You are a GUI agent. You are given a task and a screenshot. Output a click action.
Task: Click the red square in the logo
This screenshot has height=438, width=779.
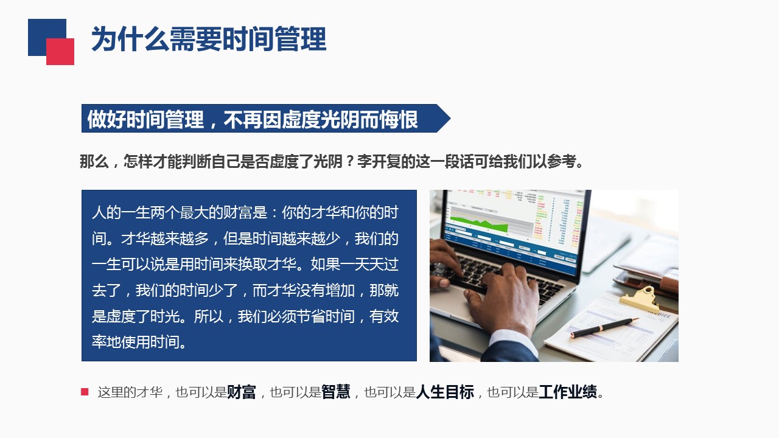(x=60, y=52)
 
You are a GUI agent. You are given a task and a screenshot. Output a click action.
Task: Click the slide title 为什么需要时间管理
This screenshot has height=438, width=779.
(x=209, y=39)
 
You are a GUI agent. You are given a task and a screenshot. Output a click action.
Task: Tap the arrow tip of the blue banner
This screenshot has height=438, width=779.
(x=450, y=119)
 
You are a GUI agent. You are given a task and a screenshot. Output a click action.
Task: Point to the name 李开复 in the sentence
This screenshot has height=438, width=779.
(x=379, y=161)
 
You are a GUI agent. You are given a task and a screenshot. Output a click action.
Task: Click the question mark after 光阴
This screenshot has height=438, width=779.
(x=349, y=161)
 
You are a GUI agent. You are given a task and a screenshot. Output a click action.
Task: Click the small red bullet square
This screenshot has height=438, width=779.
(x=85, y=392)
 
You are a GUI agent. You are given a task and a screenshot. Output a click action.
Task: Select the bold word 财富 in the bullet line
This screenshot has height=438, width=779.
(x=242, y=392)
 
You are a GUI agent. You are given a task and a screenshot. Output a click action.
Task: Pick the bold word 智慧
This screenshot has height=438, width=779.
(x=335, y=392)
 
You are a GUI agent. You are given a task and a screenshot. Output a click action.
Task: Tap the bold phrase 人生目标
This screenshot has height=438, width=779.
(x=445, y=392)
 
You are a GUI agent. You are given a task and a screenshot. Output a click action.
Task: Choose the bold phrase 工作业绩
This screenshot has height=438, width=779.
(x=568, y=392)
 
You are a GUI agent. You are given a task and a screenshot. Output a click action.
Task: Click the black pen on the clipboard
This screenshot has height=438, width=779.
(x=604, y=327)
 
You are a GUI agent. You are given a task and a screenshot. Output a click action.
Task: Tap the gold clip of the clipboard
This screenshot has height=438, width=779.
(x=640, y=299)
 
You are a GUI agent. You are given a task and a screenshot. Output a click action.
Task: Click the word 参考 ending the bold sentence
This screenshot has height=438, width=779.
(x=561, y=161)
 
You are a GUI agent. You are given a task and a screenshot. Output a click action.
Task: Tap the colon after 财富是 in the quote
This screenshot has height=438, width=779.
(x=274, y=213)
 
